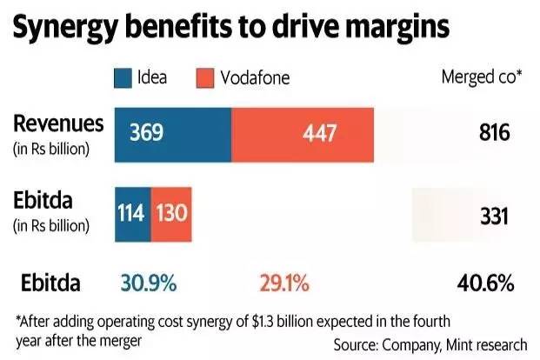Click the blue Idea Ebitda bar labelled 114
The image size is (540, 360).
tap(132, 212)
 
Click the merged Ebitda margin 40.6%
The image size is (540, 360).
tap(483, 283)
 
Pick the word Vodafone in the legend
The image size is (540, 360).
tap(257, 78)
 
